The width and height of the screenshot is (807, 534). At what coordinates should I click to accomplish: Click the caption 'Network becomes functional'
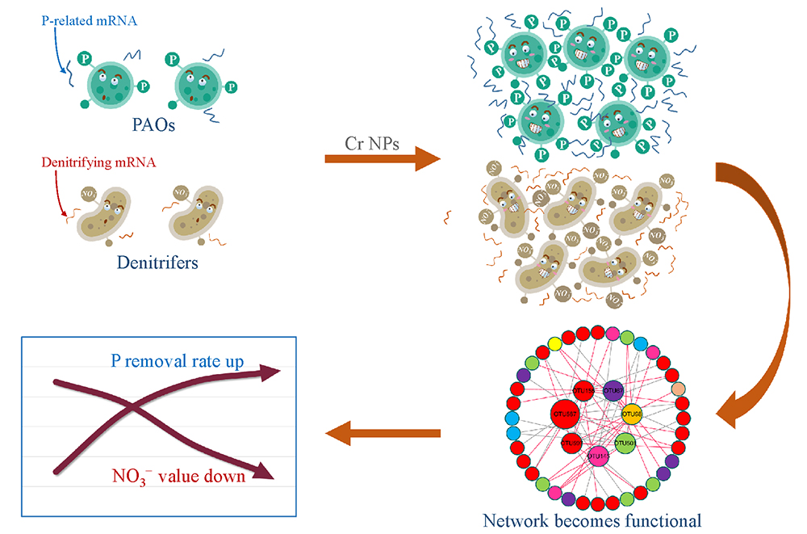click(x=592, y=519)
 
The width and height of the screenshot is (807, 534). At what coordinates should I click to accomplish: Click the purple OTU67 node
click(x=613, y=391)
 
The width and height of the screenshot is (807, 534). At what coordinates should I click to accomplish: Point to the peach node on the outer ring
click(x=679, y=389)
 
